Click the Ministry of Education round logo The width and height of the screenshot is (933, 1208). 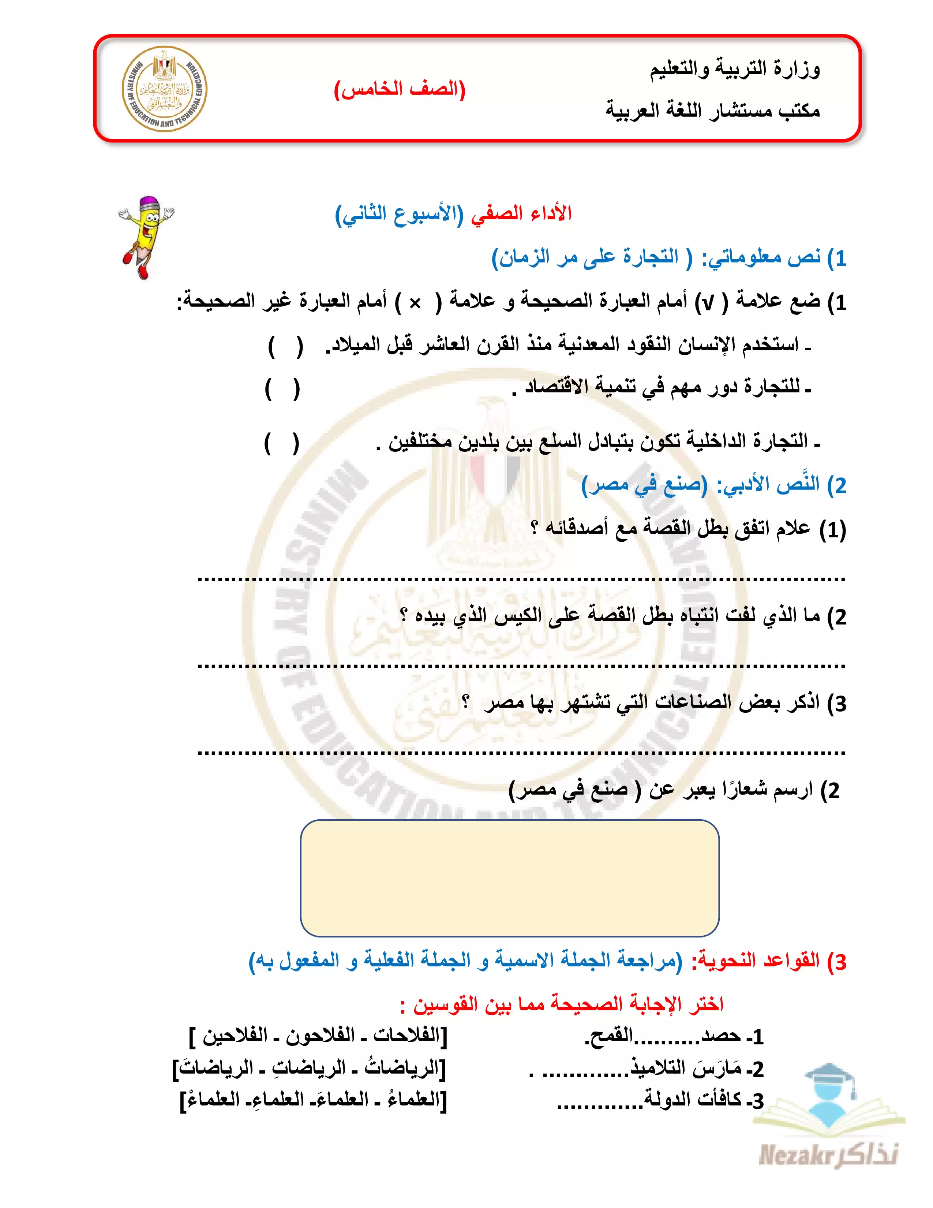tap(164, 89)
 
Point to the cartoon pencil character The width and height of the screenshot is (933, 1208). tap(145, 236)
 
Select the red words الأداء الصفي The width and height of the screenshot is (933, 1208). tap(521, 213)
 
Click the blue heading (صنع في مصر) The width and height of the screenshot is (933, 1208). tap(644, 485)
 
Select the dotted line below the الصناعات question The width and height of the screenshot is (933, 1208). tap(521, 753)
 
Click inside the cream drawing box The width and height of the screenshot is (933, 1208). tap(509, 878)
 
